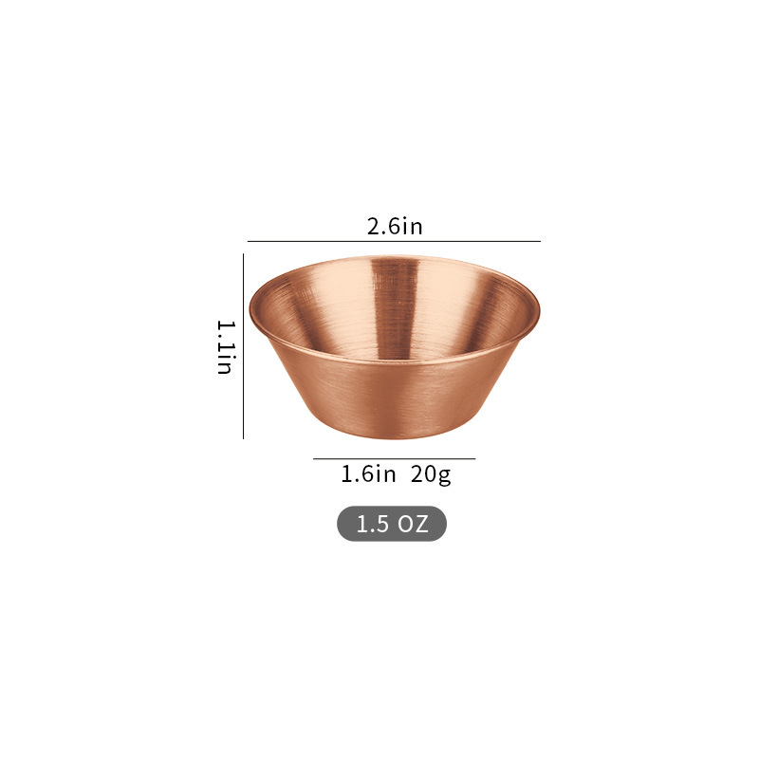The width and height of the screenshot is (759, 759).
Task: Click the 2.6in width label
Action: (x=395, y=227)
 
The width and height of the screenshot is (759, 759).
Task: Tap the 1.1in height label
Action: (x=225, y=347)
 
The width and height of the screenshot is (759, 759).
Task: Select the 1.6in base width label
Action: (x=368, y=473)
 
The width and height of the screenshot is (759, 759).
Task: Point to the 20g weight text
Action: (x=431, y=474)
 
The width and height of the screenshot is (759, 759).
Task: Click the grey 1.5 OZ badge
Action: (x=392, y=524)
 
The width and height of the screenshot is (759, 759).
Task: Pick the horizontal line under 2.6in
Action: (x=394, y=241)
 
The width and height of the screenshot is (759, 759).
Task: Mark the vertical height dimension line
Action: (x=243, y=346)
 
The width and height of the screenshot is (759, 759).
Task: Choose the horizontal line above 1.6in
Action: (x=394, y=458)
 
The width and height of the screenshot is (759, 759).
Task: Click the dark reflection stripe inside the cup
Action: (x=395, y=305)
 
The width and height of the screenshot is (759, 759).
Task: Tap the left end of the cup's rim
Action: (x=250, y=310)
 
